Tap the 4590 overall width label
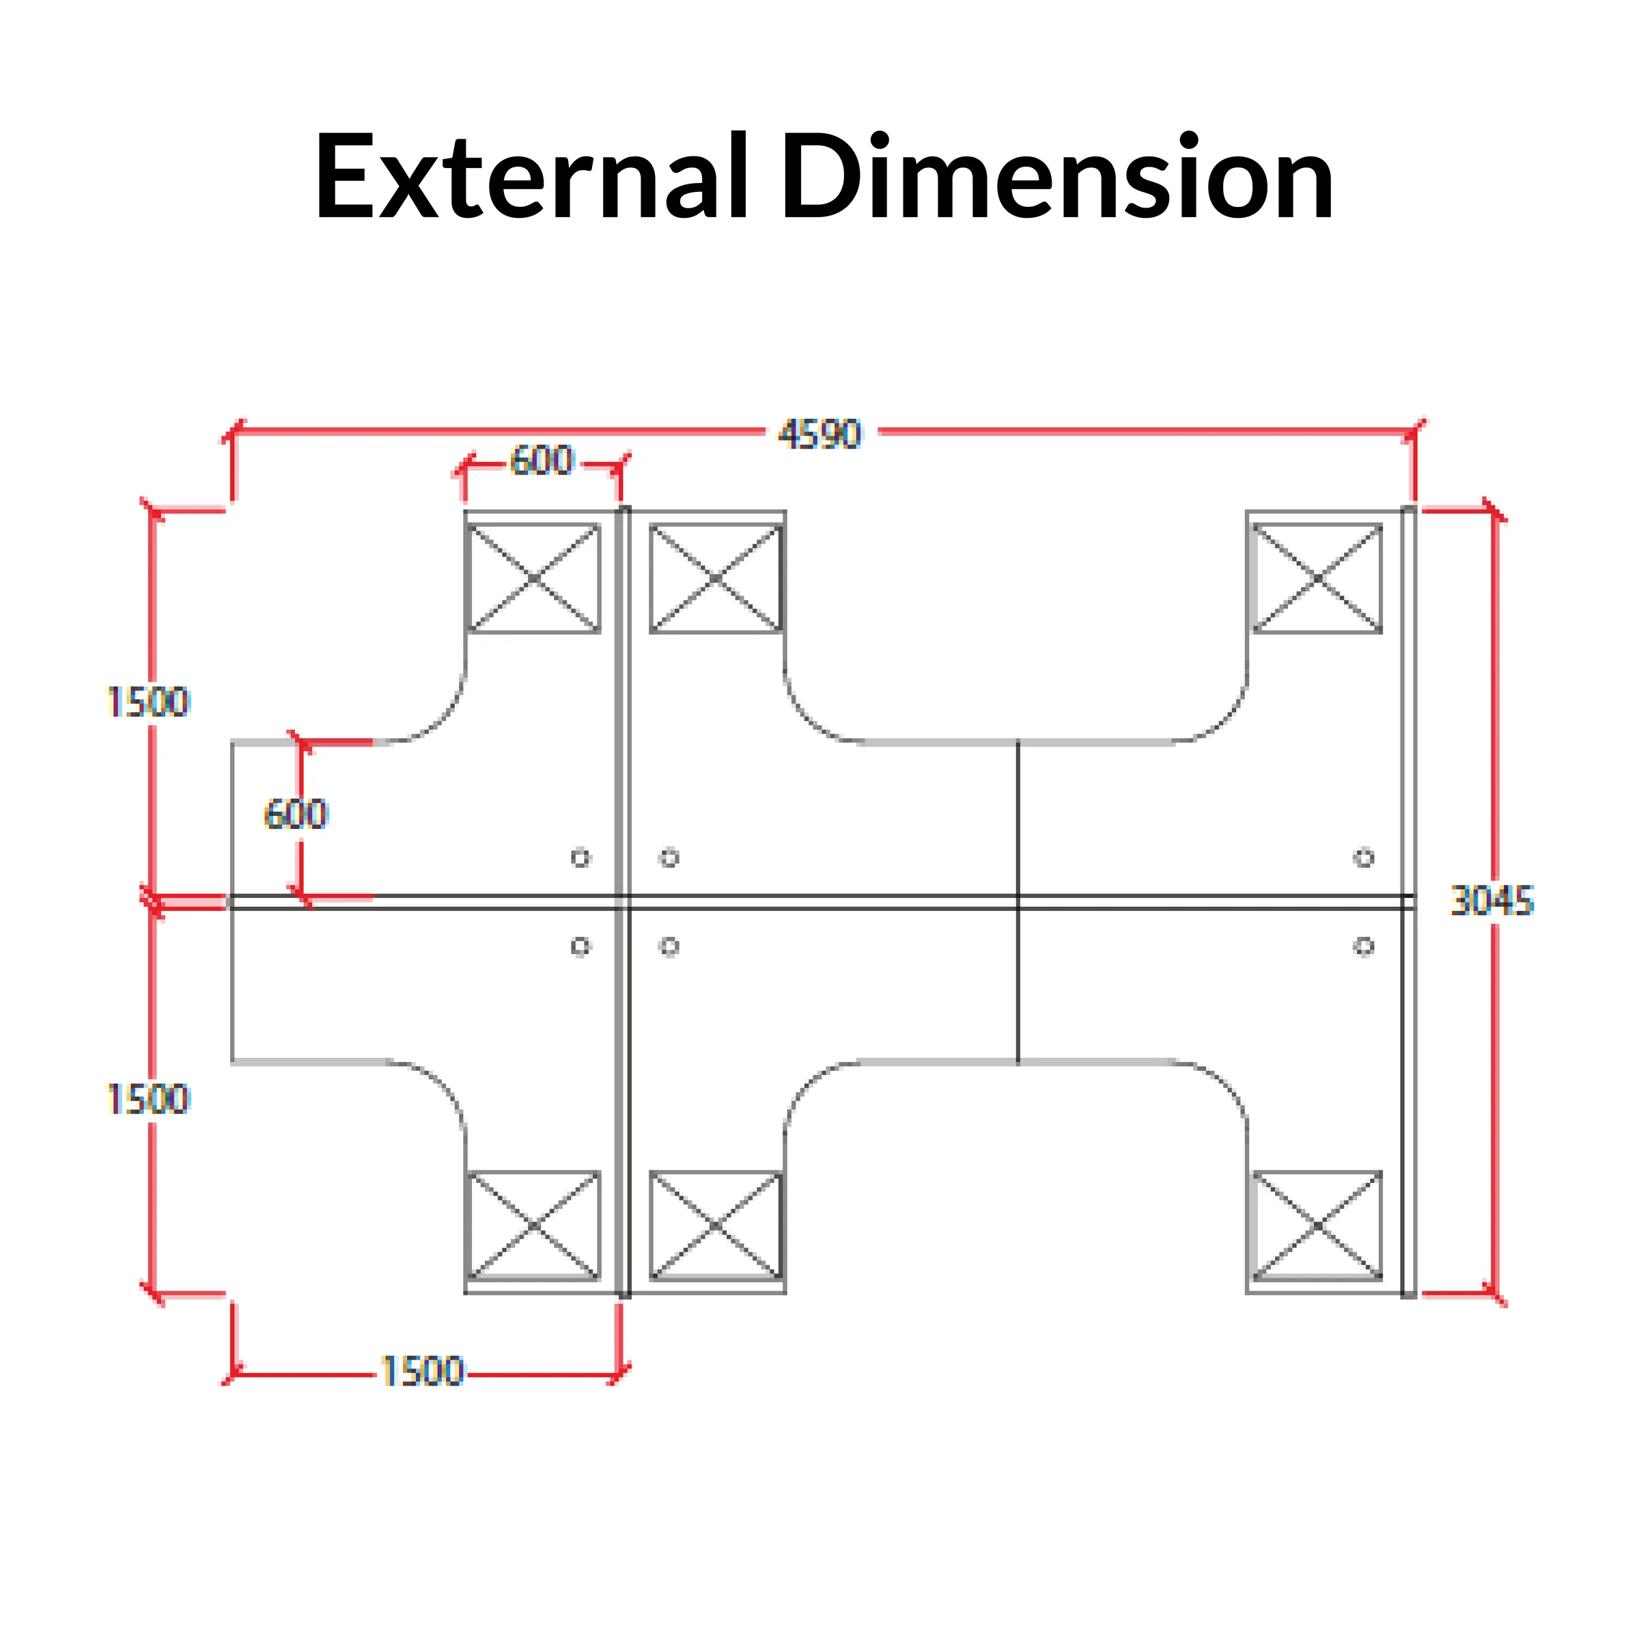pos(819,434)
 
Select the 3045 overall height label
pos(1492,901)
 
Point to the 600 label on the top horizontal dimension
pos(542,461)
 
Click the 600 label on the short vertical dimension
pos(295,815)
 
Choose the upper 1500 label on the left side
pos(148,703)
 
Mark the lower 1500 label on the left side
pos(148,1099)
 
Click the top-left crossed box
pos(533,578)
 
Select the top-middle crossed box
pos(716,578)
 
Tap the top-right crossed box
pos(1317,578)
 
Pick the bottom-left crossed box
pos(533,1225)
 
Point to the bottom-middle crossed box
pos(716,1225)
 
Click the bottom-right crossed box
pos(1317,1225)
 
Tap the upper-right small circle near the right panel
pos(1363,858)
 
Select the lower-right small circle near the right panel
pos(1363,946)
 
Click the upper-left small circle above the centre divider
pos(580,858)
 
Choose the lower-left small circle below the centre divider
pos(580,946)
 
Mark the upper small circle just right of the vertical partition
pos(669,858)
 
